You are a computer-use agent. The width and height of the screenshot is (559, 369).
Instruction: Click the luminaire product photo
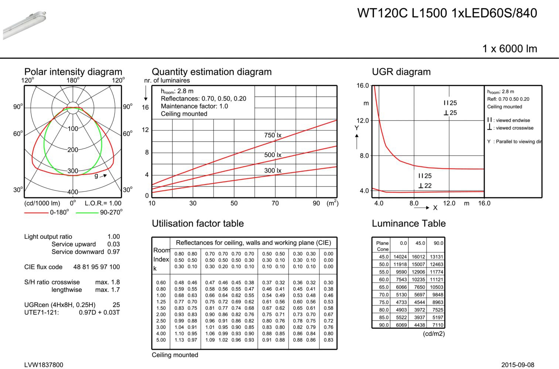click(x=24, y=25)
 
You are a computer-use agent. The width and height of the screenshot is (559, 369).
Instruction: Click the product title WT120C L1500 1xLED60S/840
click(x=447, y=13)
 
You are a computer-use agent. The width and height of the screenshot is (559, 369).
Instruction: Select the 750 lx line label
click(x=273, y=135)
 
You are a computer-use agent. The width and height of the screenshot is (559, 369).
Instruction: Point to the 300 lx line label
click(x=273, y=170)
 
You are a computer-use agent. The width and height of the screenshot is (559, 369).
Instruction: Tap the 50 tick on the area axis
click(x=234, y=203)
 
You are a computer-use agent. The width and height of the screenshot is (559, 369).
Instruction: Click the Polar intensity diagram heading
click(x=73, y=72)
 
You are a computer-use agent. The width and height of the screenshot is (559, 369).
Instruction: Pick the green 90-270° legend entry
click(x=99, y=212)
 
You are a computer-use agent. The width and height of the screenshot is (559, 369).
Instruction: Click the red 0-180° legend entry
click(x=47, y=212)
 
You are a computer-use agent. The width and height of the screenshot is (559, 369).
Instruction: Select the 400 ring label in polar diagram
click(x=73, y=192)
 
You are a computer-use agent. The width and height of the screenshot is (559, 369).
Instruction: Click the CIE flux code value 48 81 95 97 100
click(x=96, y=267)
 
